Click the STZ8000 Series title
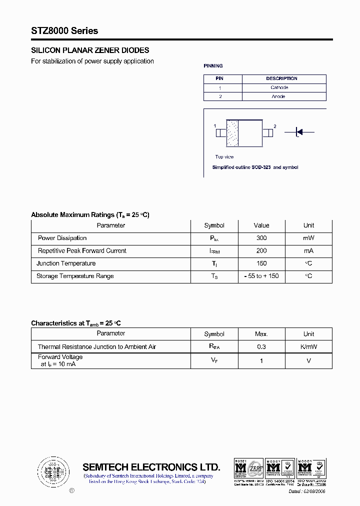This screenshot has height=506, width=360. coord(64,31)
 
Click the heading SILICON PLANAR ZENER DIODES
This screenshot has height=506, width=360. coord(90,50)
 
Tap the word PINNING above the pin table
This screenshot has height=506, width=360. coord(213,66)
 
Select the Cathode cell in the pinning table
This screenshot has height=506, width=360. coord(279,87)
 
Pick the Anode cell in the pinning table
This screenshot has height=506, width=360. coord(278,96)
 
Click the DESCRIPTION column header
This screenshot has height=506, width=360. coord(281,78)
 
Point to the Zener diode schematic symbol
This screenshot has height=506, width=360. coord(299,132)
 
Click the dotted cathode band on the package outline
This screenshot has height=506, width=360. coord(232,132)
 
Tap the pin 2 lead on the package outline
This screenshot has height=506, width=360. coord(268,132)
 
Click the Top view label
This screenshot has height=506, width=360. coord(224,157)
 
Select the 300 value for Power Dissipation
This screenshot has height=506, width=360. coord(261,238)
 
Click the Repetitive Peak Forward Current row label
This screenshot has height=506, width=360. coord(82,251)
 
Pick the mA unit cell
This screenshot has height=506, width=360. coord(308,251)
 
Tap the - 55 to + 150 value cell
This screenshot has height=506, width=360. coord(261,276)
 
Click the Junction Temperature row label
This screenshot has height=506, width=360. coord(66,263)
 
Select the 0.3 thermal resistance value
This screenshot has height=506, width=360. coord(261,346)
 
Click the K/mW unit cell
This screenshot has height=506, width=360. coord(308,346)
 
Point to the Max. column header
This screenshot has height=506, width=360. coord(261,334)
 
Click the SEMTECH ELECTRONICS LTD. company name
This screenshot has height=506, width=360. coord(151,467)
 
